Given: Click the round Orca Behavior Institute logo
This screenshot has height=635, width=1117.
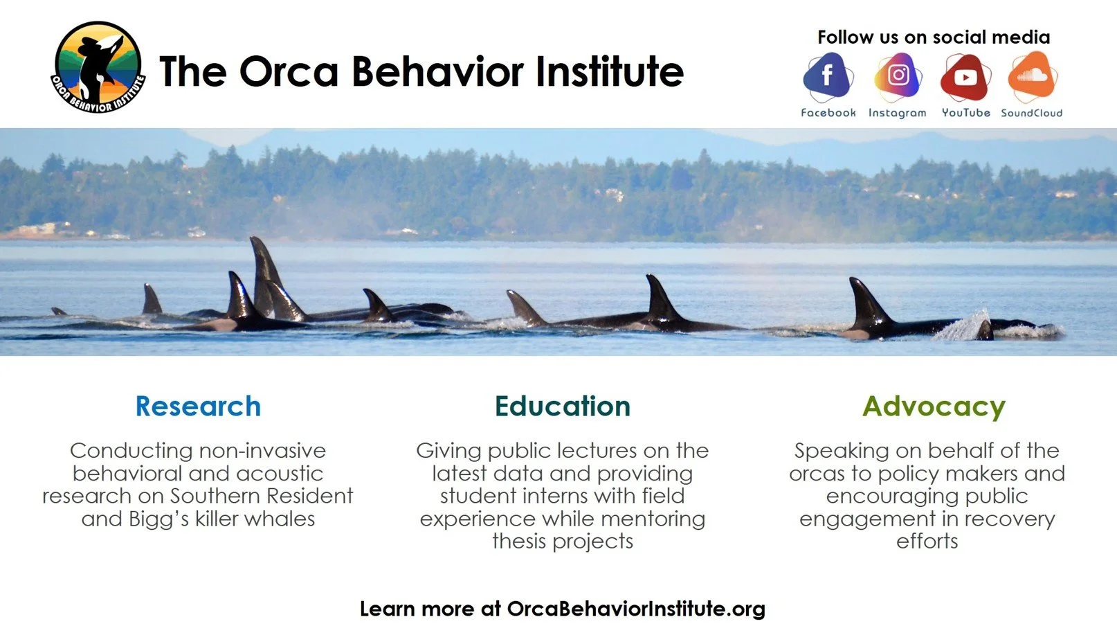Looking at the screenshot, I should tap(98, 68).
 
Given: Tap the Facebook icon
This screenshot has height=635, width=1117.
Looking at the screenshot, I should tap(828, 76).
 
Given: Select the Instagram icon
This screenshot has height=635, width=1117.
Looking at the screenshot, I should tap(898, 76).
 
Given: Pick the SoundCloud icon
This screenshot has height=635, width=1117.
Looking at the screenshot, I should tap(1032, 76).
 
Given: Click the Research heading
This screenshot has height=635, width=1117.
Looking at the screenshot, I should tap(198, 406).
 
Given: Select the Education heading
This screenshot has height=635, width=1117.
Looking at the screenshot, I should tap(562, 406).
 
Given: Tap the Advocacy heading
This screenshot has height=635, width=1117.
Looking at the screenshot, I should tap(934, 406).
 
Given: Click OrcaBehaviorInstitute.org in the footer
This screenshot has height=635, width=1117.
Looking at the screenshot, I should tap(635, 609).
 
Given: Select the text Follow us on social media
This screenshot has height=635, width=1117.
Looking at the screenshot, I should tap(933, 37).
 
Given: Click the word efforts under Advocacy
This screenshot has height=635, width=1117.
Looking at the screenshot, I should tap(927, 541).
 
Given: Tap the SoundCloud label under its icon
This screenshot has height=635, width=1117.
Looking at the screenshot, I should tap(1031, 113).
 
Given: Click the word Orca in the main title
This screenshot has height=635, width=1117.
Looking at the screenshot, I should tap(289, 71).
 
